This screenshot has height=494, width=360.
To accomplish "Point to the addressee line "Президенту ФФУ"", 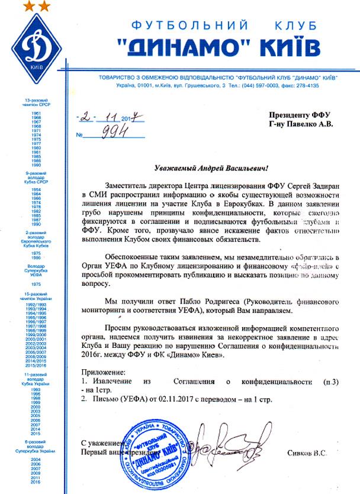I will (300, 114).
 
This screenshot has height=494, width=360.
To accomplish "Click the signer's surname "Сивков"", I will (308, 453).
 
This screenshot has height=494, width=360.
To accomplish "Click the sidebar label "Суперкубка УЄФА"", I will (36, 273).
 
